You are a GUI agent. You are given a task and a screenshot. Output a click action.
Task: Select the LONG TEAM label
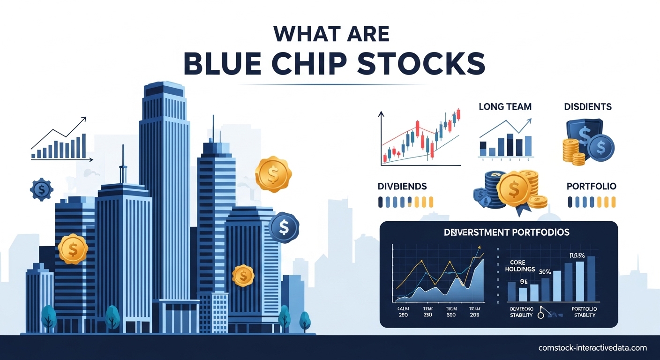tap(505, 107)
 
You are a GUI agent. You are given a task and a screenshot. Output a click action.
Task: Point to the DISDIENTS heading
tap(588, 107)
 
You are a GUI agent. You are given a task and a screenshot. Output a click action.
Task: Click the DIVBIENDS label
tap(402, 186)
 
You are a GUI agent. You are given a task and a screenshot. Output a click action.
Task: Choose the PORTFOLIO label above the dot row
tap(592, 186)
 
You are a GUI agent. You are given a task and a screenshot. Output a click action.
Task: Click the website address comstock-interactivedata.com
tap(592, 348)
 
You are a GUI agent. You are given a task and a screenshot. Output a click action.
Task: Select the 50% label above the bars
tap(544, 272)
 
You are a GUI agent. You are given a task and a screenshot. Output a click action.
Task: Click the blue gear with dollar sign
tap(42, 189)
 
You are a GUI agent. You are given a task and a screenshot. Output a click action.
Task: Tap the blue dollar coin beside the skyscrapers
tap(284, 227)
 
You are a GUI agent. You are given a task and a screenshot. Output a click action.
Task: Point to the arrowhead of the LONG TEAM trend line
tap(530, 120)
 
